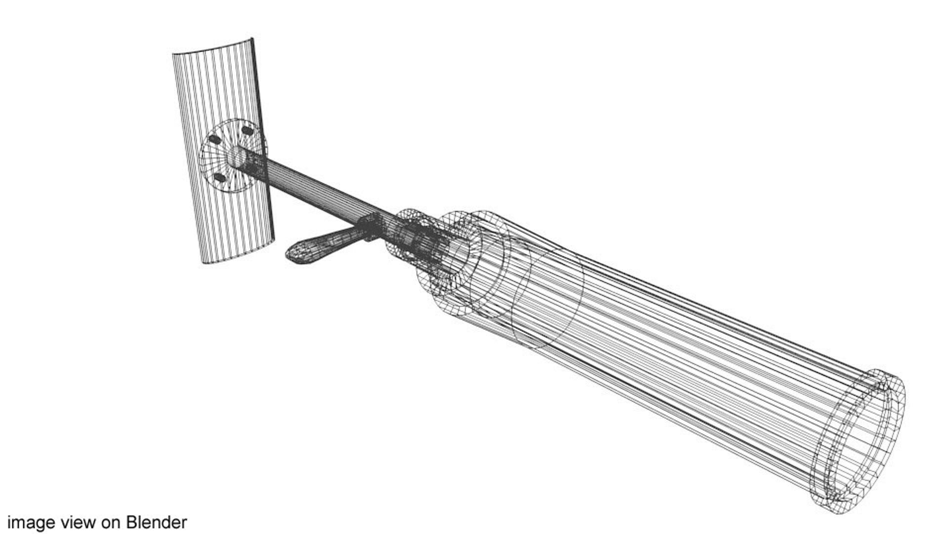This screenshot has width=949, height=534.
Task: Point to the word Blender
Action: coord(156,522)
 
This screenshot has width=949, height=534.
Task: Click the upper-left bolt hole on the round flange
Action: coord(215,140)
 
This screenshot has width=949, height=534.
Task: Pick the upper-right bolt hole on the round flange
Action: coord(247,131)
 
